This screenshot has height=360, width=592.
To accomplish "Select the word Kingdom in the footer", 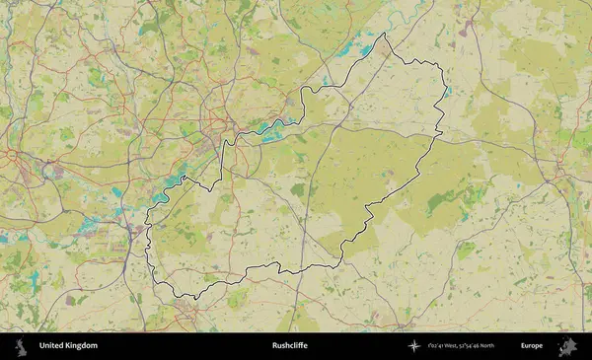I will click(84, 346).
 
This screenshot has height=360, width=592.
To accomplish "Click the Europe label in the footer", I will click(532, 346).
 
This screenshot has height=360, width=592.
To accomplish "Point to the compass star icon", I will click(413, 346).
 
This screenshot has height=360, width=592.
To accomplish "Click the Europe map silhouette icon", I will click(567, 346).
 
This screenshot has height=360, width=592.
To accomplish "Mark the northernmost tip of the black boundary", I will click(385, 34).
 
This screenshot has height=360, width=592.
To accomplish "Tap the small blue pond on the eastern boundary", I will click(446, 92).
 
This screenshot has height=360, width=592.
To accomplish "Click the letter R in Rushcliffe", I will click(275, 346).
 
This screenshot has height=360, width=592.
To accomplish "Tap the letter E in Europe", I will click(523, 346).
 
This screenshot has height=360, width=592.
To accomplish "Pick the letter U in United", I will click(41, 346).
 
